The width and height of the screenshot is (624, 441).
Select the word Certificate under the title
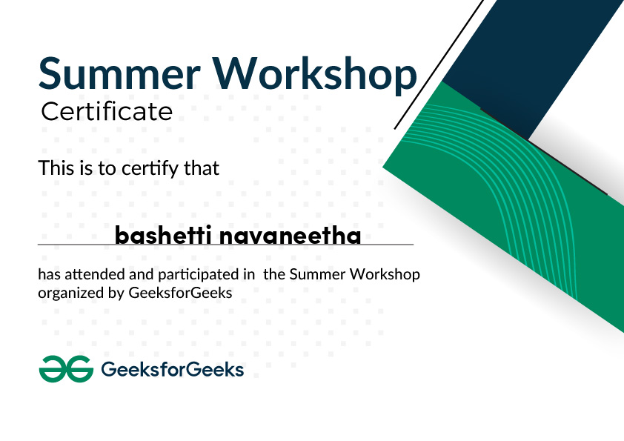[x=106, y=112]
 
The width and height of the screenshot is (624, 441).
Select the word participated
[x=191, y=275]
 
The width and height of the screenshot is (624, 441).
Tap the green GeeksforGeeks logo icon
[x=65, y=368]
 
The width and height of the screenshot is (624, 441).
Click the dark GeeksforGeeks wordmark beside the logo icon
[x=171, y=368]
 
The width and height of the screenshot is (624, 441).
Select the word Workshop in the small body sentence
[x=385, y=274]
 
